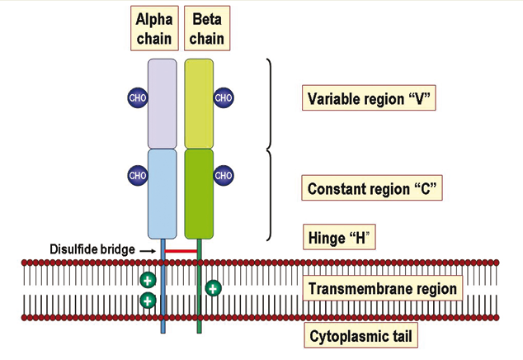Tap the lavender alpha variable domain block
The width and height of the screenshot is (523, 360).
coord(163,102)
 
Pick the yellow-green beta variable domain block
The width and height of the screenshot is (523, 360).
coord(199,102)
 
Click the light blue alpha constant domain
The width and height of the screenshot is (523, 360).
coord(163,192)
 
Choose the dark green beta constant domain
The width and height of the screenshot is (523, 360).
coord(199,192)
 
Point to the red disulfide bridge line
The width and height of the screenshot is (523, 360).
coord(181,249)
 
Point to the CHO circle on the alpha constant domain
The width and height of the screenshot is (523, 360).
coord(137,175)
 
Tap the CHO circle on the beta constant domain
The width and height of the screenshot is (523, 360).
coord(224,175)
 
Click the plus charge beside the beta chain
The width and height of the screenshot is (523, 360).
coord(213,288)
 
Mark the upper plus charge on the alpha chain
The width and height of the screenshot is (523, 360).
coord(148,280)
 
